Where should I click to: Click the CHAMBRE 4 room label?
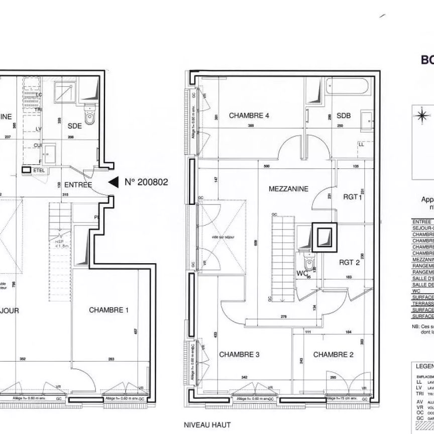(x=249, y=116)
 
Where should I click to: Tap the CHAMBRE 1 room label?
(x=108, y=310)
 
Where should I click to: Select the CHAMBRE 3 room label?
(x=239, y=355)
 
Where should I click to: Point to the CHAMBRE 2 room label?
(x=333, y=355)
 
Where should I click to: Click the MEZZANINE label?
(x=288, y=189)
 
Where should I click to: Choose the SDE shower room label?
(x=74, y=127)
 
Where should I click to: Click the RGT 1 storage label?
(x=353, y=197)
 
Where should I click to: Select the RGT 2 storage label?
(x=349, y=262)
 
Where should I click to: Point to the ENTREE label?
(x=78, y=185)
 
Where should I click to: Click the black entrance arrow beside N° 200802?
(x=114, y=182)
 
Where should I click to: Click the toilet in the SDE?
(x=90, y=117)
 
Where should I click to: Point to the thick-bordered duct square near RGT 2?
(x=324, y=237)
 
